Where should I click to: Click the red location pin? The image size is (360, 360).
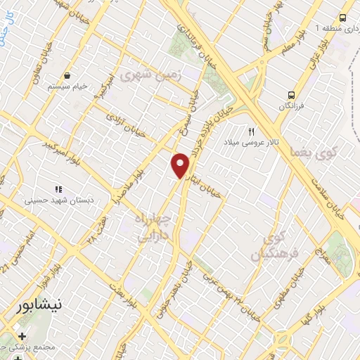tap(181, 165)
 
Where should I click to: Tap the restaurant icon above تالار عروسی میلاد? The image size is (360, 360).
tap(251, 131)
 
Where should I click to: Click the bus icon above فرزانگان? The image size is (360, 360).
tap(290, 95)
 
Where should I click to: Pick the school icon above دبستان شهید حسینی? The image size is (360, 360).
tap(58, 189)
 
